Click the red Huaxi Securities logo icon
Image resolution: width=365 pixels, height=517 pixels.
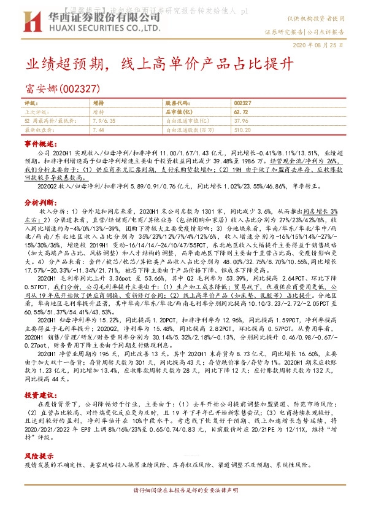click(x=33, y=23)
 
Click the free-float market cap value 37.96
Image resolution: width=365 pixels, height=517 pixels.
click(x=240, y=121)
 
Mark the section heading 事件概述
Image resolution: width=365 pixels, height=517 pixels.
click(x=40, y=142)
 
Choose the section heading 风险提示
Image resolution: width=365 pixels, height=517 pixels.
click(x=40, y=457)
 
